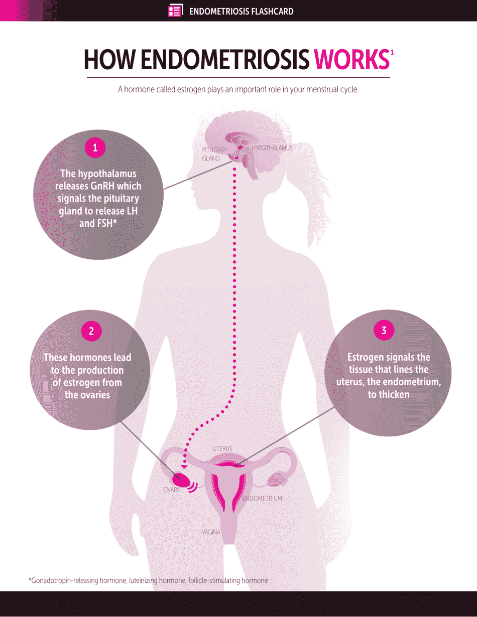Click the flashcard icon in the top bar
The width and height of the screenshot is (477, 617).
(x=175, y=11)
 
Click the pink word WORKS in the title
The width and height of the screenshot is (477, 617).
(x=351, y=60)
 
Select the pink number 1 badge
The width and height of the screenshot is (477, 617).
(x=95, y=147)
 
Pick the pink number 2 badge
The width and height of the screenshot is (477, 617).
(x=91, y=331)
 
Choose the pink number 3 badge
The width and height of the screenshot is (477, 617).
(x=384, y=331)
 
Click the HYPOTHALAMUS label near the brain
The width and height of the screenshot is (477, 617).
(x=272, y=148)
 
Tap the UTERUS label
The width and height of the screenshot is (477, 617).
(x=222, y=448)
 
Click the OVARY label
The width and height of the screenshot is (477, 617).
(x=171, y=490)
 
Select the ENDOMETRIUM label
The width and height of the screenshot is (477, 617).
(x=262, y=499)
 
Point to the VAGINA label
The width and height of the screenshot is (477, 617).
(x=211, y=532)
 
